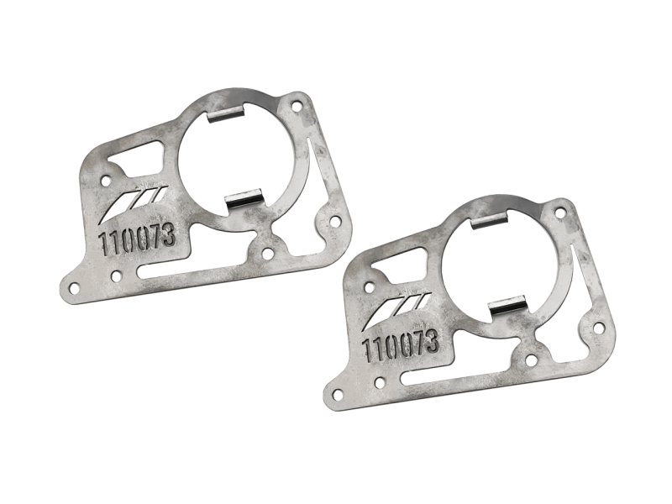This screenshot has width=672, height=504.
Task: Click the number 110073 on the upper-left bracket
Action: coord(138,238)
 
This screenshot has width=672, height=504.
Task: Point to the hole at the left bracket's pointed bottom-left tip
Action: coord(74,287)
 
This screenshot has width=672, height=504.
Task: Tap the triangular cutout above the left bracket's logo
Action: coord(134,159)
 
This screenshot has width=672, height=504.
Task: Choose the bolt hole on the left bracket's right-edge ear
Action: coord(334,223)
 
